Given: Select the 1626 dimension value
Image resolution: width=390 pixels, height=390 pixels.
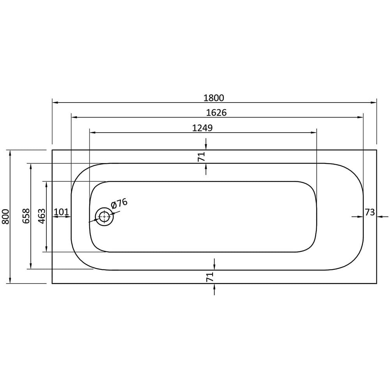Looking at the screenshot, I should pos(216,113).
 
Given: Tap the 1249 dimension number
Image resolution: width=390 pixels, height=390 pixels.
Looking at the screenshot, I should pos(202,128).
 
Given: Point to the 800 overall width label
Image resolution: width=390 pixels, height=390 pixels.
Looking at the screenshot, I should pos(5,216).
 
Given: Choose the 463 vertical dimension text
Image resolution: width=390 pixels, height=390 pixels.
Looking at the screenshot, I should pos(42,216).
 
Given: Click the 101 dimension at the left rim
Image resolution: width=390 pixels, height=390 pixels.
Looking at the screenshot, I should pos(61,212).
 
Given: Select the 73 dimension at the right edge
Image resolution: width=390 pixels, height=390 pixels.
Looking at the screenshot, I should pos(370,212).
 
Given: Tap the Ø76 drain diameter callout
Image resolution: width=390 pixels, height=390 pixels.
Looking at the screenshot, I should pos(119,204).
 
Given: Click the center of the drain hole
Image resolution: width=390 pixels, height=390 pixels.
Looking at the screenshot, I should pos(104,216).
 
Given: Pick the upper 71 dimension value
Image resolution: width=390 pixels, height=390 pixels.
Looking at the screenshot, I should pos(201,157).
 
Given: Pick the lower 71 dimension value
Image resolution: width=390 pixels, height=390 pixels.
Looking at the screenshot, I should pos(210,277).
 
